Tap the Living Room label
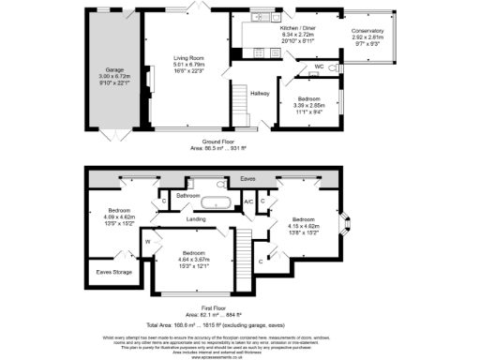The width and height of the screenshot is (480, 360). pyautogui.click(x=188, y=57)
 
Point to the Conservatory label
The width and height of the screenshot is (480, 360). pyautogui.click(x=367, y=31)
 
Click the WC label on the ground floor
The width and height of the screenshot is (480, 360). pyautogui.click(x=320, y=67)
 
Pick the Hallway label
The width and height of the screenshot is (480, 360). pyautogui.click(x=260, y=92)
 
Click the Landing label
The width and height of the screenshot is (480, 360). pyautogui.click(x=196, y=219)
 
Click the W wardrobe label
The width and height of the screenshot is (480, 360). pyautogui.click(x=149, y=242)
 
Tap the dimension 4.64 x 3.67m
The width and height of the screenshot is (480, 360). pyautogui.click(x=195, y=259)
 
